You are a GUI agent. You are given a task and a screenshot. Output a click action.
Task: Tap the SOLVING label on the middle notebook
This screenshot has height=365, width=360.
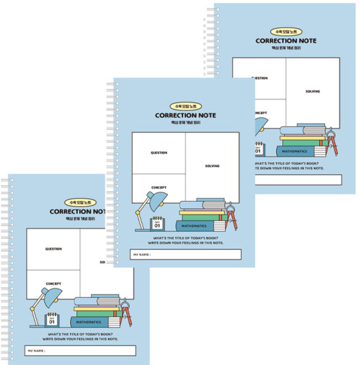click(212, 166)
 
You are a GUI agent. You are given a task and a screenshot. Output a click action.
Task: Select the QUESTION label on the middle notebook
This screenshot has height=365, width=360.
click(159, 153)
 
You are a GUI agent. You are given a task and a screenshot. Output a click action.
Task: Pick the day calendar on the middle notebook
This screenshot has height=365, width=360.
click(157, 224)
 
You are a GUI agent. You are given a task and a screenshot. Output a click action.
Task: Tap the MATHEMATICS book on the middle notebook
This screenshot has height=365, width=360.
click(197, 226)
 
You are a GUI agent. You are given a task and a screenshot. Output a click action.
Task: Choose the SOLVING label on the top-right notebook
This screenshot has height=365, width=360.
click(313, 91)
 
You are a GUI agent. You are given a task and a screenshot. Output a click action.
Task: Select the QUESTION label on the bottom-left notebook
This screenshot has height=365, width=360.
click(53, 249)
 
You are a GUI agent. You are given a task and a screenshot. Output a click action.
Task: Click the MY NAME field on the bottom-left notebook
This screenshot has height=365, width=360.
click(80, 351)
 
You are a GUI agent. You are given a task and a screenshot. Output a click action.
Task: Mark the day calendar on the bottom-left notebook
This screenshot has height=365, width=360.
click(51, 319)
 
